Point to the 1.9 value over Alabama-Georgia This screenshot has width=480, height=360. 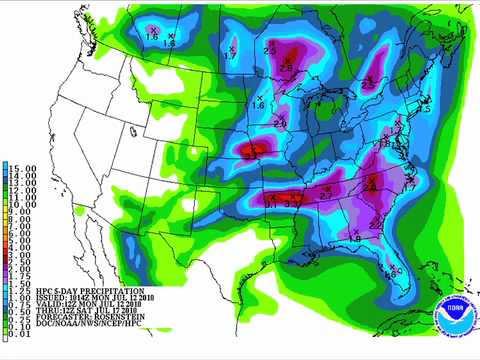pyautogui.click(x=355, y=237)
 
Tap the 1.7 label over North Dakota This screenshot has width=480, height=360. pyautogui.click(x=230, y=55)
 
